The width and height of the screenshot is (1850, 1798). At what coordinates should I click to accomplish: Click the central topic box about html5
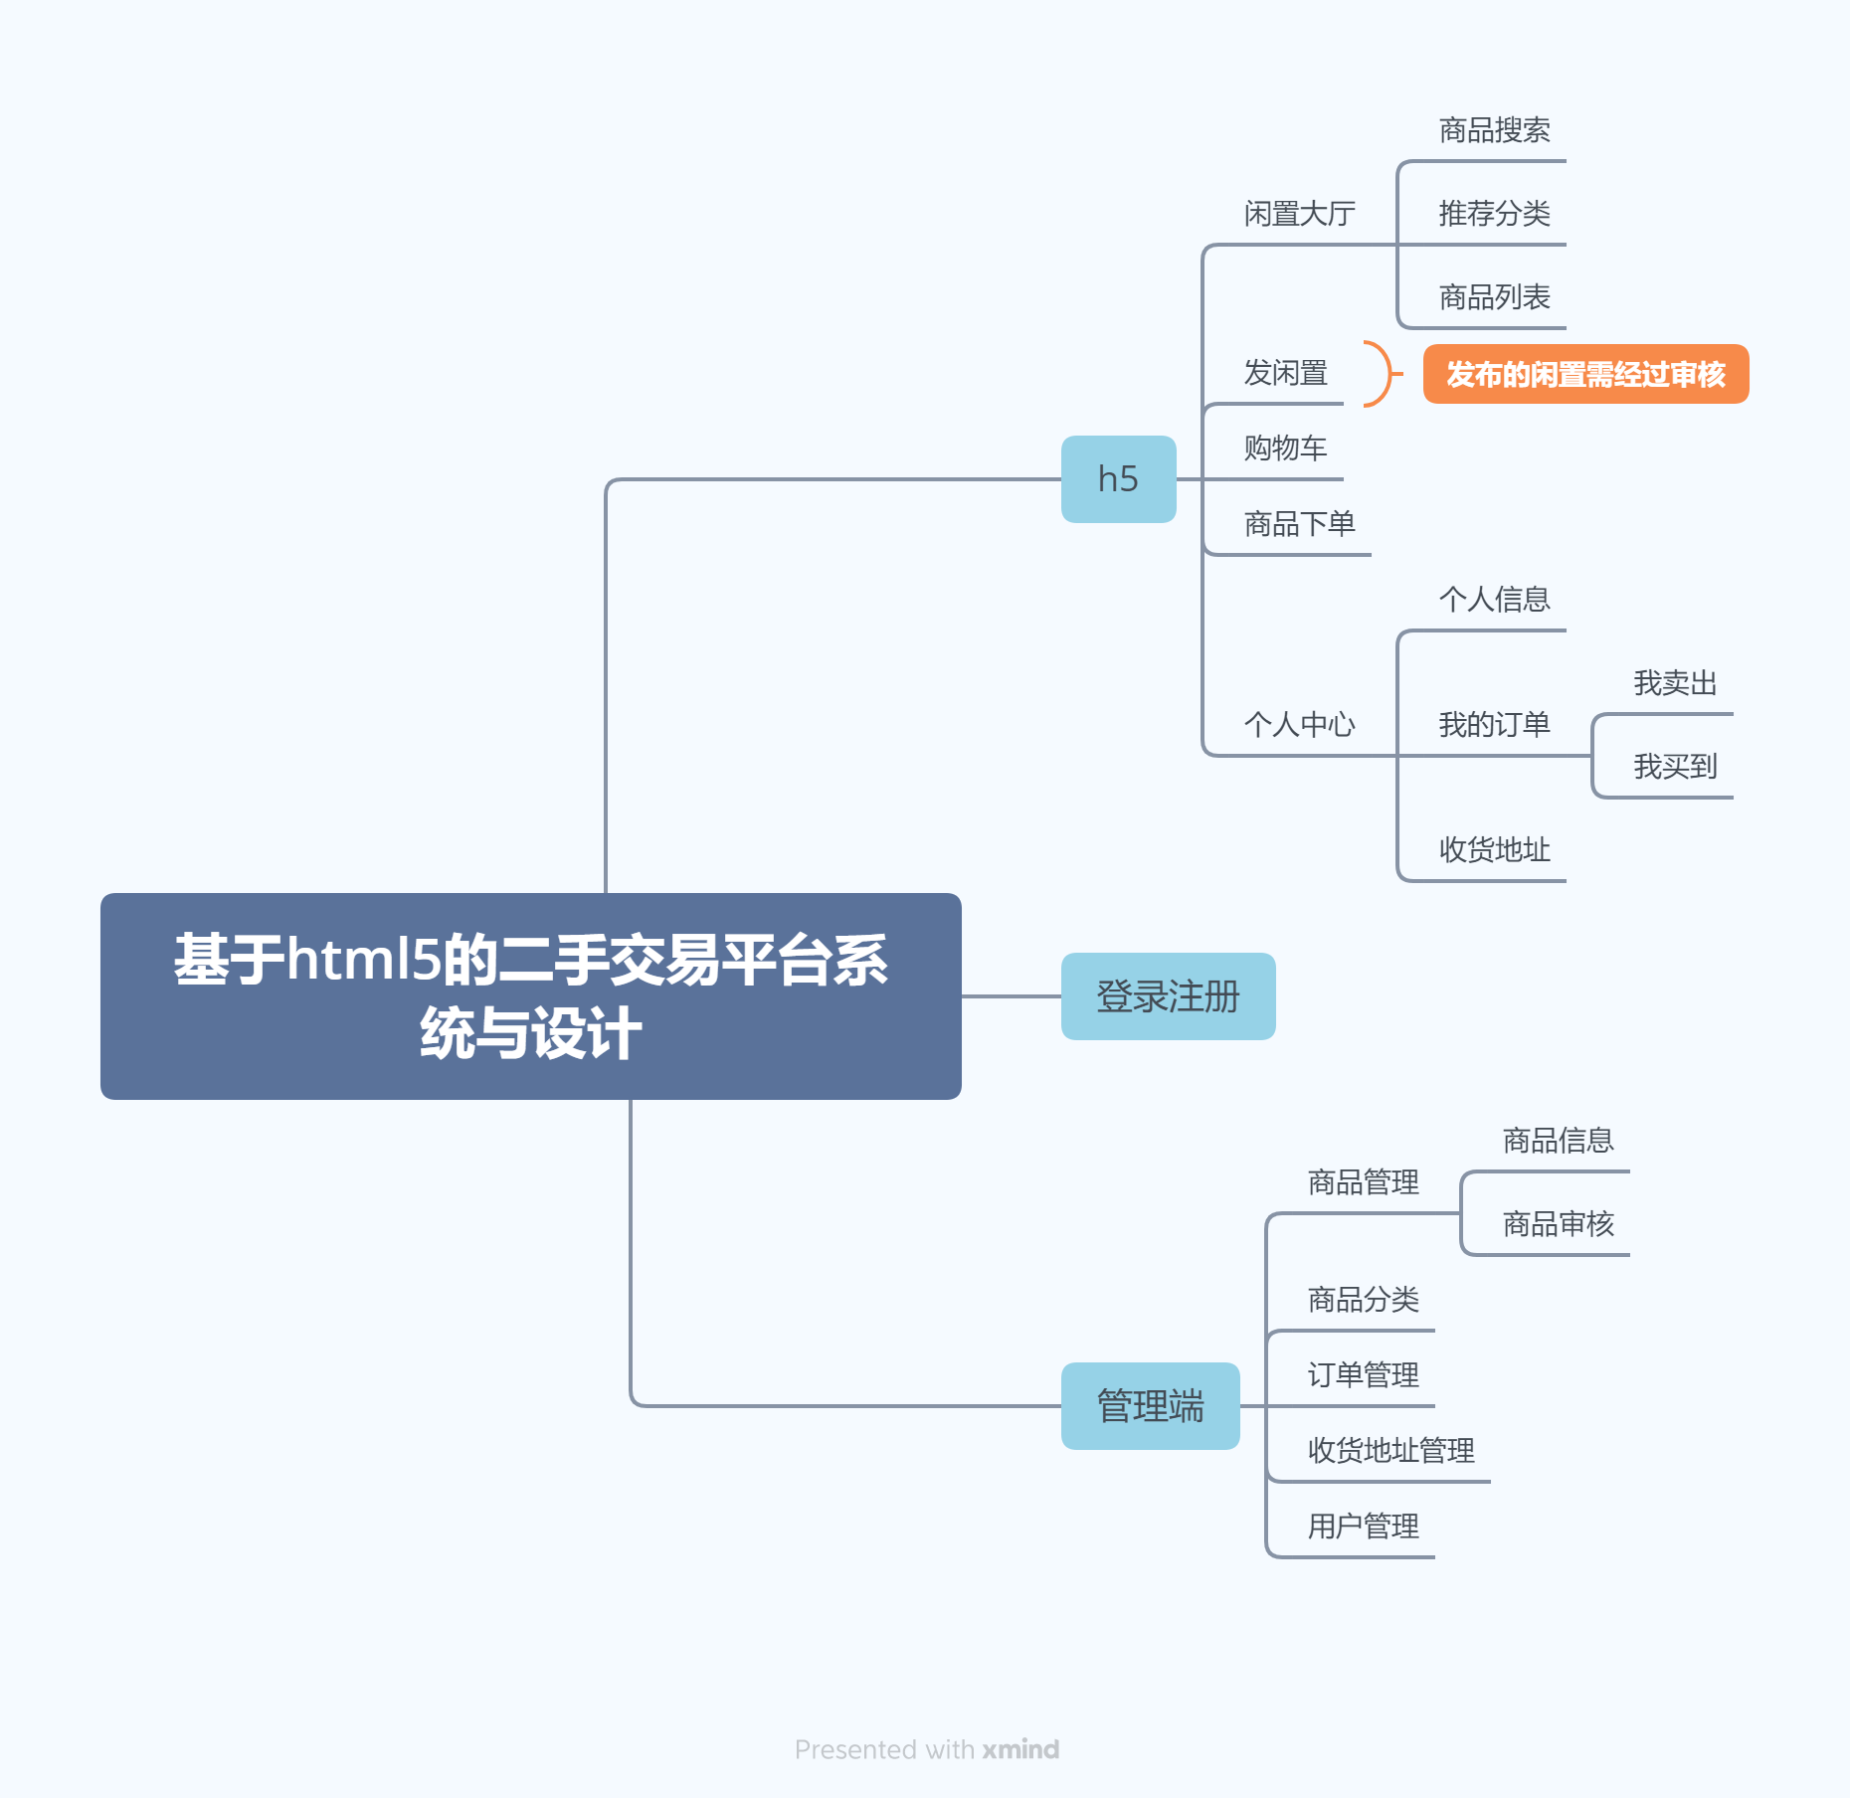[530, 995]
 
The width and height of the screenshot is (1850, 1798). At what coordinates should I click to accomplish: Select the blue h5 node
[1118, 479]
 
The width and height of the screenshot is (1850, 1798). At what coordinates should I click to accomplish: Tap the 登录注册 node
[1168, 996]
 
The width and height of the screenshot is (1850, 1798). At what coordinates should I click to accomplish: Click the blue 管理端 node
[1150, 1406]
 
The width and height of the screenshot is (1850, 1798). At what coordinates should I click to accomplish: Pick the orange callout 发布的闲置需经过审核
[1585, 374]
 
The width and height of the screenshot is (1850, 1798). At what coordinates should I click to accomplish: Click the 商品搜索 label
[1494, 130]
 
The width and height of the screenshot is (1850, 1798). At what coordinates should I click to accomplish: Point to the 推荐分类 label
[1494, 214]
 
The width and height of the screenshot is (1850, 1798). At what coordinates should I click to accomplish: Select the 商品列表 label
[1494, 297]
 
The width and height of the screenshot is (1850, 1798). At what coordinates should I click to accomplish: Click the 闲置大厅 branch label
[1299, 214]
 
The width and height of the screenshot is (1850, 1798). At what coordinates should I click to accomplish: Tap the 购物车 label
[1285, 449]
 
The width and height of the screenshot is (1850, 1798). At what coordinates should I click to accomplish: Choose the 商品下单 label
[1299, 524]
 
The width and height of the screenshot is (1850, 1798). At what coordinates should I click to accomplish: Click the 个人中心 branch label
[1299, 725]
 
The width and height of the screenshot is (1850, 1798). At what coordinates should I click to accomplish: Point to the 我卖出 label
[1675, 683]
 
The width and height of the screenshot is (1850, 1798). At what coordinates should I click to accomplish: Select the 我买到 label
[1675, 767]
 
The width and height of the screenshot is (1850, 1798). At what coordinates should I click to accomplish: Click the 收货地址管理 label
[1390, 1451]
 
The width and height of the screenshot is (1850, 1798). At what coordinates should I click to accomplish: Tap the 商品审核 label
[1558, 1224]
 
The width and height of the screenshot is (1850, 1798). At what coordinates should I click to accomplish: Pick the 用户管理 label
[1363, 1527]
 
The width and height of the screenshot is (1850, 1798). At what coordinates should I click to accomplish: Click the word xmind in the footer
[1020, 1749]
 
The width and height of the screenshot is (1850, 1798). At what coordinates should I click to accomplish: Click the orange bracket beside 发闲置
[1381, 374]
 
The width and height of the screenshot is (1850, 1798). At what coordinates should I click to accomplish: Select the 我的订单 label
[1494, 725]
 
